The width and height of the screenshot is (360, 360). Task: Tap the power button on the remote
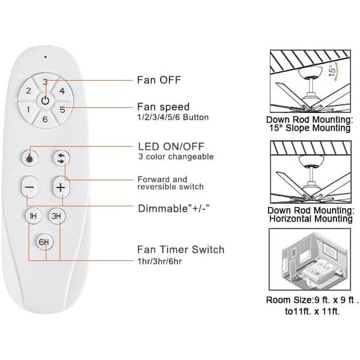46,100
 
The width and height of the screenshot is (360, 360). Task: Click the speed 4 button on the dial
62,91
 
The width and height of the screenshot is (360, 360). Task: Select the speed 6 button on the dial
45,119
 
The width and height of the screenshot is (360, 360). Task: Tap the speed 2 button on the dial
28,91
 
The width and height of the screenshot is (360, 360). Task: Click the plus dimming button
61,187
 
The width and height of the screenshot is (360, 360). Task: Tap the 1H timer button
33,216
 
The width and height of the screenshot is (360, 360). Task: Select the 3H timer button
57,216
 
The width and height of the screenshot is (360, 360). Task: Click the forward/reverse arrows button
61,158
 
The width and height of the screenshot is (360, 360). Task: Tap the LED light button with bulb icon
29,157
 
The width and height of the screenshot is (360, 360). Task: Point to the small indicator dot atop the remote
46,57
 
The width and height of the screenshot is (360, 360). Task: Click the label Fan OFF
159,80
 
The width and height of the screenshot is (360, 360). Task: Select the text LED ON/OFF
171,146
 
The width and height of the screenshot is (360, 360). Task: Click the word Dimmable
163,208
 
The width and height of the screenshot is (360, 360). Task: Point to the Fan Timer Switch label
181,250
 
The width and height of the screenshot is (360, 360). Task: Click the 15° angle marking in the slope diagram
332,71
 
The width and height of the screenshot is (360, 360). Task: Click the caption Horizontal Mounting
311,218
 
